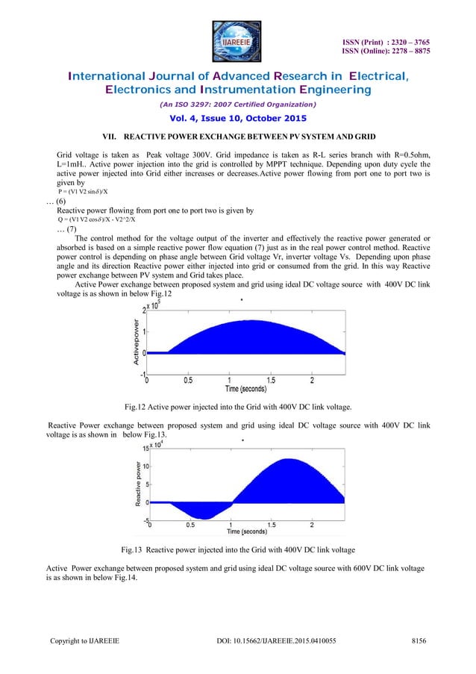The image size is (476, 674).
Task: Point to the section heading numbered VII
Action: (x=237, y=137)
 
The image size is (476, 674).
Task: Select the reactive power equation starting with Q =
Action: (x=97, y=220)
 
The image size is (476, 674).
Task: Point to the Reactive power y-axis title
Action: (x=138, y=484)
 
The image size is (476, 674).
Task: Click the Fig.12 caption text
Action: (x=237, y=407)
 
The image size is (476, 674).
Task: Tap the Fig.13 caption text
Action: (x=237, y=549)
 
